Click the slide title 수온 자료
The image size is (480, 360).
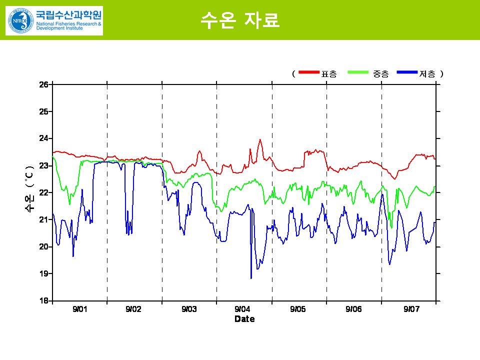click(240, 19)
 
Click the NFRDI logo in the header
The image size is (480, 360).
click(20, 20)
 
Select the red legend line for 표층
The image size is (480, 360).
click(308, 73)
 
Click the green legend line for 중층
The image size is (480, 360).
click(358, 73)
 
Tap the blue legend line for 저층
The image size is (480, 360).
click(407, 73)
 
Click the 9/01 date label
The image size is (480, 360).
click(79, 309)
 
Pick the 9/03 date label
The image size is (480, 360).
click(189, 309)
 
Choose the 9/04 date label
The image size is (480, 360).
click(242, 309)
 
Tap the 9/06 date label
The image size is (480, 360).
click(353, 309)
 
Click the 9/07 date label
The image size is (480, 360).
click(411, 309)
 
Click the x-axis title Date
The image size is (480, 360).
click(244, 319)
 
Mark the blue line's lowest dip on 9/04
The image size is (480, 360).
click(251, 277)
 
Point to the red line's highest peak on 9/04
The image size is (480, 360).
click(260, 140)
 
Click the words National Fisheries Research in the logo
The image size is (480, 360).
click(68, 23)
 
